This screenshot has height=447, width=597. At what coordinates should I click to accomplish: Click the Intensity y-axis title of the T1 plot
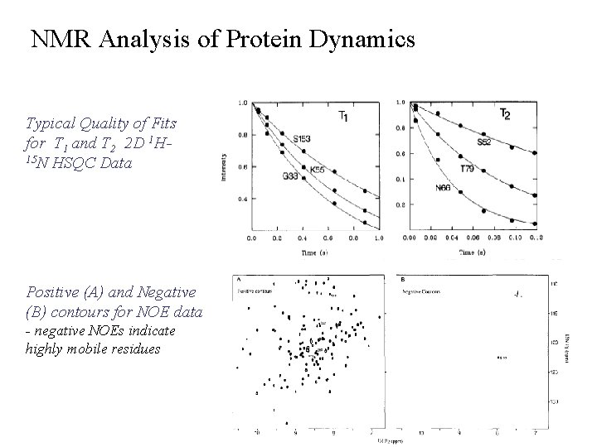point(225,166)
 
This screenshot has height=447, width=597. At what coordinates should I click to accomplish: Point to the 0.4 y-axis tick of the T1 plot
point(243,199)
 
